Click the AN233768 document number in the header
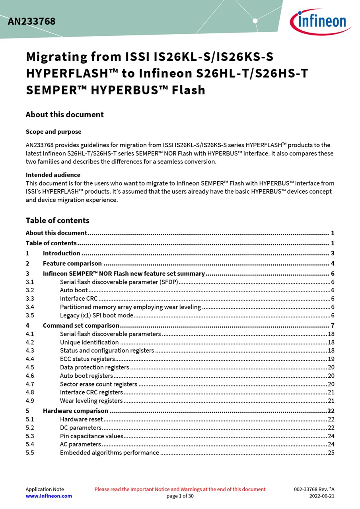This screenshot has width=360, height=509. click(31, 21)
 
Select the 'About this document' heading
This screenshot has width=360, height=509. click(64, 115)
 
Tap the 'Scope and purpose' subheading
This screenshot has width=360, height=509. click(53, 132)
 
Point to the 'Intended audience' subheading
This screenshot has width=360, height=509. click(53, 175)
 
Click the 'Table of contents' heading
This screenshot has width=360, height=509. click(57, 220)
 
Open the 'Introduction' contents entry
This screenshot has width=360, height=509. click(61, 253)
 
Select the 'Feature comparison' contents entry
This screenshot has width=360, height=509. click(72, 263)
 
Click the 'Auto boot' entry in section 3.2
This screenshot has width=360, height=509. click(74, 290)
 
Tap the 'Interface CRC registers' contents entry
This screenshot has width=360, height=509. click(91, 392)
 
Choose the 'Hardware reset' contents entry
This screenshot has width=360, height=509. click(81, 419)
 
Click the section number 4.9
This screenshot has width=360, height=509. click(30, 401)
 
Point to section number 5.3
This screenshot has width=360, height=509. click(30, 436)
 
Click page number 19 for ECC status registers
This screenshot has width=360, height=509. click(331, 359)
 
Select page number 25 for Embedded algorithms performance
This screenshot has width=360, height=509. click(331, 453)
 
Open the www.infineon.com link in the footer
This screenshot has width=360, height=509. click(49, 496)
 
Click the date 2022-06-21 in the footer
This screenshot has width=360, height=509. click(322, 496)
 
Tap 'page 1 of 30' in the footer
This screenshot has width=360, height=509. click(180, 496)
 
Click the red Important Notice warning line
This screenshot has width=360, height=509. click(180, 489)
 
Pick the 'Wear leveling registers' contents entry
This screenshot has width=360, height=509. click(91, 401)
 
